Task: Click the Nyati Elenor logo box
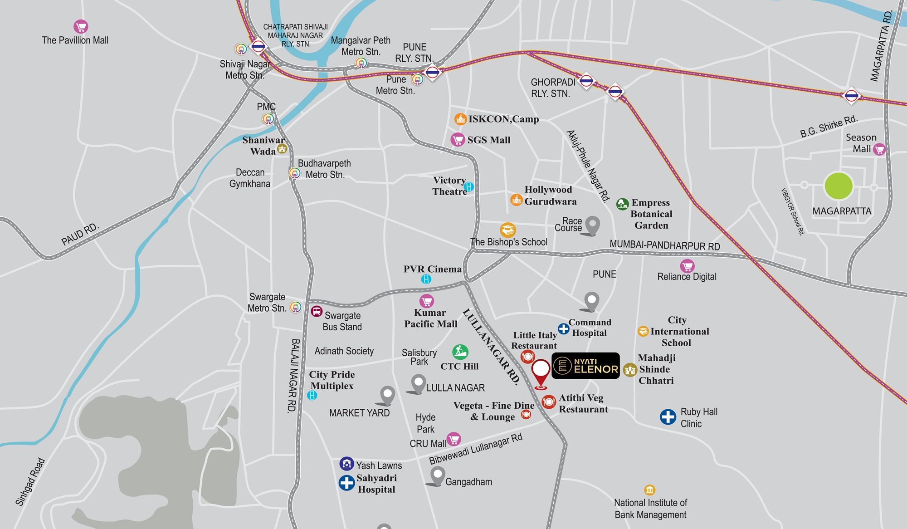tap(585, 366)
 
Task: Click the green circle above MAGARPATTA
tap(839, 186)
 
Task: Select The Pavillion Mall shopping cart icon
tap(81, 27)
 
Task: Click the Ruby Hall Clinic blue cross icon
tap(668, 416)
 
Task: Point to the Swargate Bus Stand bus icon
tap(317, 312)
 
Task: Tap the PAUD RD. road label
tap(80, 234)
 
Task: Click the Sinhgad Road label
tap(30, 482)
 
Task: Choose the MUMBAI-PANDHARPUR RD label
tap(664, 245)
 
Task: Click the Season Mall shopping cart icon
tap(879, 149)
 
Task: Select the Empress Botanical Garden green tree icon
tap(623, 204)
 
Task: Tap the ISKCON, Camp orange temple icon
tap(460, 119)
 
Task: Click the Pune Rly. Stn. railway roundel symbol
tap(432, 72)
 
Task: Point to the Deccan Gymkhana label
tap(250, 178)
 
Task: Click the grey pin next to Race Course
tap(592, 225)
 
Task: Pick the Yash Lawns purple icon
tap(346, 464)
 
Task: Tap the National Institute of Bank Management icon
tap(649, 490)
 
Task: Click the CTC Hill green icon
tap(460, 351)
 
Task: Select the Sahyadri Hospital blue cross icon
tap(347, 483)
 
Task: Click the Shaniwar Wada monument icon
tap(282, 149)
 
